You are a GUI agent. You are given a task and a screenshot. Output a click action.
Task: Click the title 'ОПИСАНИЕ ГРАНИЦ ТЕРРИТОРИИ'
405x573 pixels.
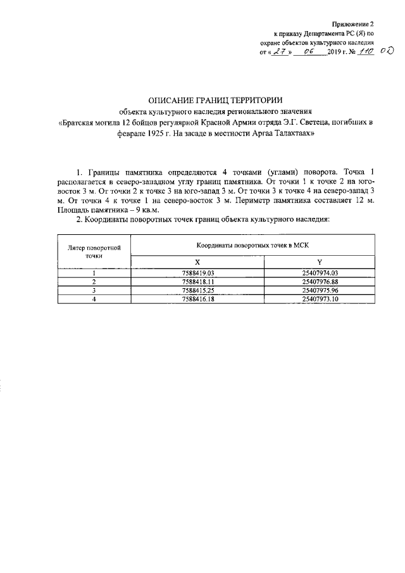click(215, 100)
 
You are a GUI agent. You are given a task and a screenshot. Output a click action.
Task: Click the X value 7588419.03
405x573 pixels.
click(198, 272)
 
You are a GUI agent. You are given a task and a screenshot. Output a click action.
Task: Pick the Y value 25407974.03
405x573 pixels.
click(325, 272)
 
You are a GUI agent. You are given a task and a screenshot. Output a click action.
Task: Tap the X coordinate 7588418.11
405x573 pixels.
click(198, 281)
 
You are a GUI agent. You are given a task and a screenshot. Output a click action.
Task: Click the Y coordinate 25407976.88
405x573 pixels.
click(325, 281)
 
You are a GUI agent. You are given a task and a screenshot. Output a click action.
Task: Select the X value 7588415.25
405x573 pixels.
click(198, 289)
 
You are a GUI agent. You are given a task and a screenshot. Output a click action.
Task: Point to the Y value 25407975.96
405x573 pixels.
click(325, 289)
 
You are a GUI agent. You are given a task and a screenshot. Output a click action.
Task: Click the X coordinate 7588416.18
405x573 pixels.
click(198, 298)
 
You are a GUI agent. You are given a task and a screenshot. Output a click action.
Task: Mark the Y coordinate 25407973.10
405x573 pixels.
click(325, 298)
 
